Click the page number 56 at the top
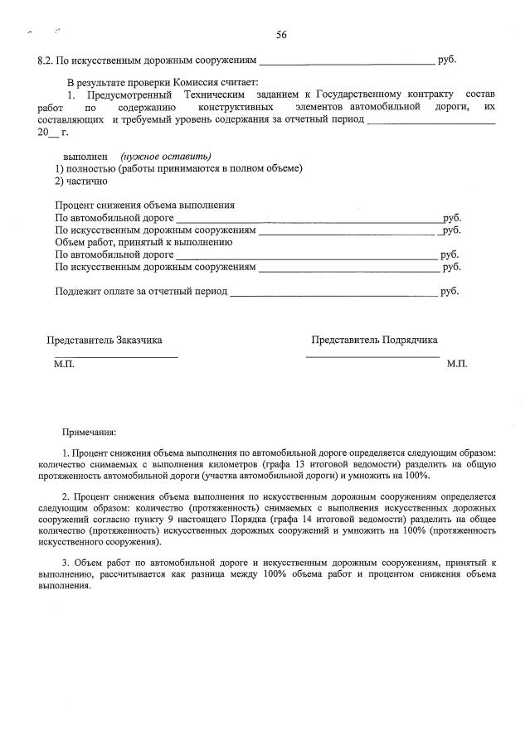click(x=281, y=35)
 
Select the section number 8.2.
click(x=47, y=60)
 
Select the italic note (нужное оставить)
click(x=165, y=156)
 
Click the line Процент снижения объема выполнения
click(x=144, y=205)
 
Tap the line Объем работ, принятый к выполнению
click(x=143, y=242)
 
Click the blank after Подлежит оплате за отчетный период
click(x=333, y=293)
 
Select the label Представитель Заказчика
click(x=104, y=340)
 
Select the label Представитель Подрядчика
click(x=374, y=340)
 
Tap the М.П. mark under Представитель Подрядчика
click(x=456, y=364)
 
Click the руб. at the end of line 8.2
click(x=447, y=60)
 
